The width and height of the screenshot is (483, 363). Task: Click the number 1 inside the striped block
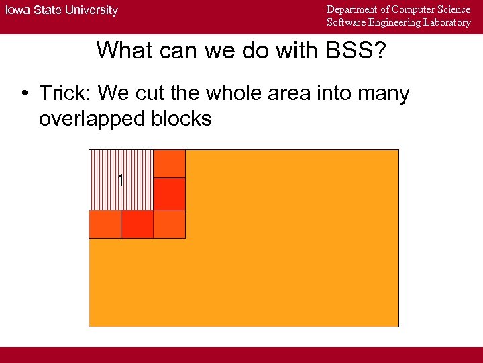point(120,180)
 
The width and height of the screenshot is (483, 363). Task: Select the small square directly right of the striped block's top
point(169,163)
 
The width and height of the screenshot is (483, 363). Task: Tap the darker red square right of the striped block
point(169,194)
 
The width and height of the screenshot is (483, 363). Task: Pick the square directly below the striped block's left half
point(105,224)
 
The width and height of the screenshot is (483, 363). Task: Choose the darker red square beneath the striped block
point(137,224)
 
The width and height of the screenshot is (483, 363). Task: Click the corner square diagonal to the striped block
point(169,224)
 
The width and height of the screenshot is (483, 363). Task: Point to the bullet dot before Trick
point(24,93)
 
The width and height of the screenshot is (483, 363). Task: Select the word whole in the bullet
point(231,93)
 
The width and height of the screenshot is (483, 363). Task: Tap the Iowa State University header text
point(62,10)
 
